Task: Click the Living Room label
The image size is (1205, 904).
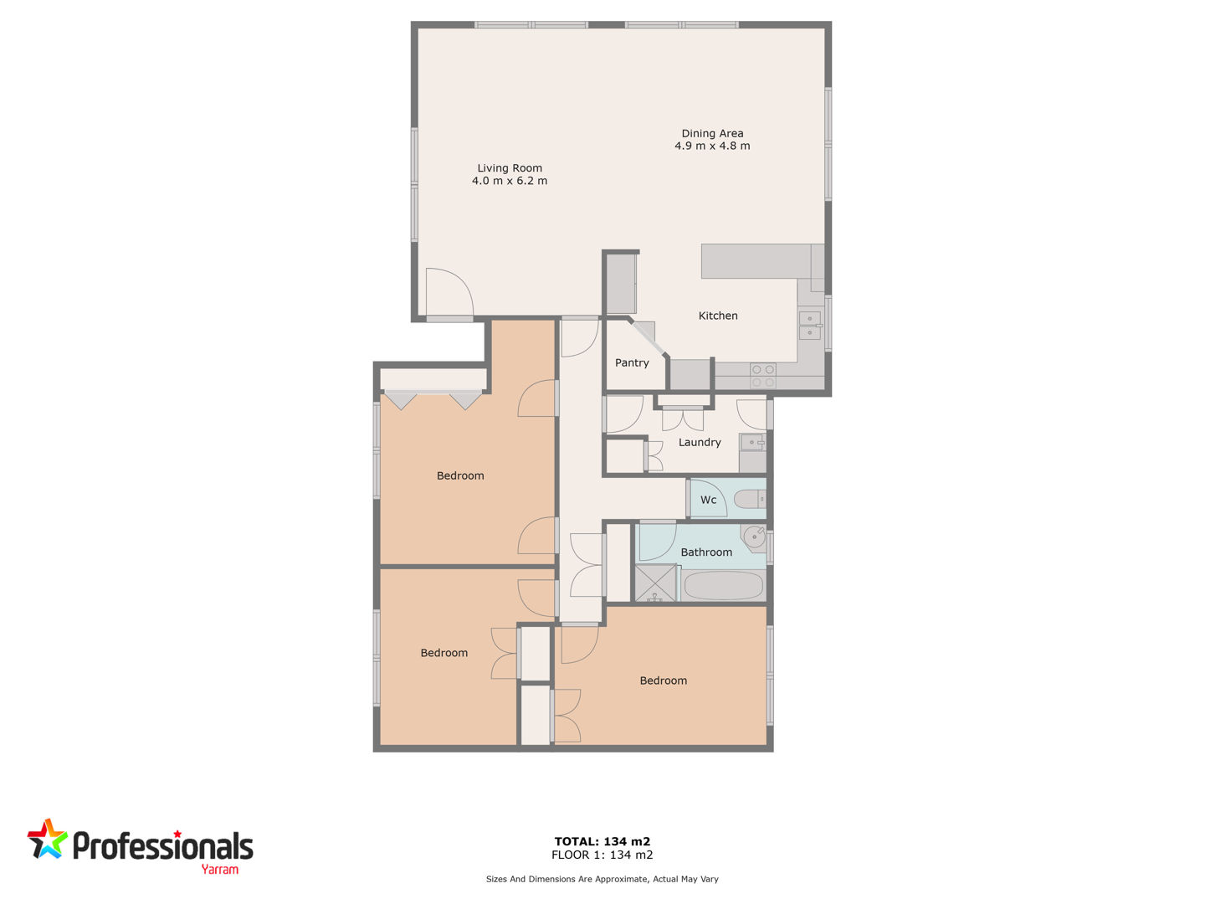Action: tap(509, 168)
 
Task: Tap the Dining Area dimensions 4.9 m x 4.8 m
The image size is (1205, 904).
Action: tap(712, 146)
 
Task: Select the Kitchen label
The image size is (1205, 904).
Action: tap(717, 316)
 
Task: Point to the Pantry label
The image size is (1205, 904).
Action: tap(631, 362)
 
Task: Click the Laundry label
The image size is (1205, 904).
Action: tap(700, 443)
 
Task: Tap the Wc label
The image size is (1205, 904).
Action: tap(708, 500)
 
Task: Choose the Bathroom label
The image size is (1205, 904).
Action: tap(706, 552)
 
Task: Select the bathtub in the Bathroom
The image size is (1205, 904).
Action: tap(723, 586)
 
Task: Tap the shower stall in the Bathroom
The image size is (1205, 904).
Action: tap(655, 583)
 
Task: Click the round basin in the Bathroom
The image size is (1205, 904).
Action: tap(754, 537)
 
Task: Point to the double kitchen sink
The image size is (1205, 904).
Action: tap(810, 326)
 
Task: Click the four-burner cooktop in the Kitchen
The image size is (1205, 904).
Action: tap(762, 376)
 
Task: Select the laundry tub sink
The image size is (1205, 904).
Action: tap(752, 443)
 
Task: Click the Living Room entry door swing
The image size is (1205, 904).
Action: tap(449, 292)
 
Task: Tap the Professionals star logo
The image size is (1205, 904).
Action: tap(47, 839)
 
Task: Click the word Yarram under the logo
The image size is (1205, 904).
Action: tap(219, 870)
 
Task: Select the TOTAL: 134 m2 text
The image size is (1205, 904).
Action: tap(602, 841)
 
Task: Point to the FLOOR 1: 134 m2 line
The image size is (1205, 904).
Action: tap(602, 855)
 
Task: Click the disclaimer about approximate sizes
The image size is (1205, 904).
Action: tap(602, 879)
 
